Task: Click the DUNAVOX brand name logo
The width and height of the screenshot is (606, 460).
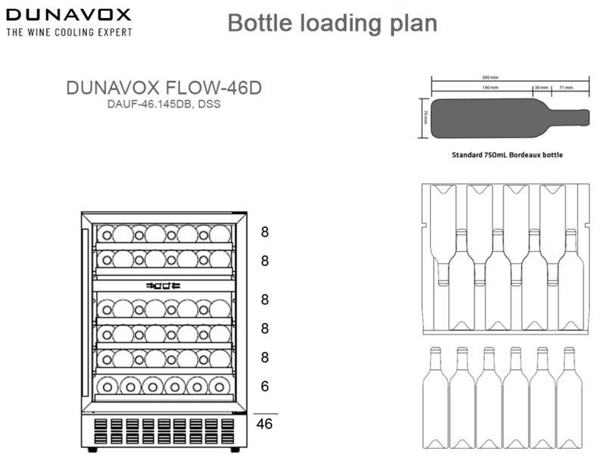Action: click(x=69, y=15)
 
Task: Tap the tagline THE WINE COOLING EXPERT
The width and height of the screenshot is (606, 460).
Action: click(x=69, y=33)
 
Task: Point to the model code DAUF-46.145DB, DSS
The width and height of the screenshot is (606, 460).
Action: click(x=164, y=104)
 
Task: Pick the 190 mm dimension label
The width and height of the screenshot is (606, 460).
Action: click(x=489, y=88)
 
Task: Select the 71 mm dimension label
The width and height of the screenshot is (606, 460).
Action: click(x=567, y=88)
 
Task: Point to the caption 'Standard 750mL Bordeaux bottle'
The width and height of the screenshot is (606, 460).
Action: click(x=507, y=154)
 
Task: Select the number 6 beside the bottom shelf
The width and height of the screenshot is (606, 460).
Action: click(x=264, y=387)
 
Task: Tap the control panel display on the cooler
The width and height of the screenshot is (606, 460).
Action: click(x=164, y=285)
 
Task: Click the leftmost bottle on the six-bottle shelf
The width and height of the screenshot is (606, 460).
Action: click(x=110, y=387)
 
